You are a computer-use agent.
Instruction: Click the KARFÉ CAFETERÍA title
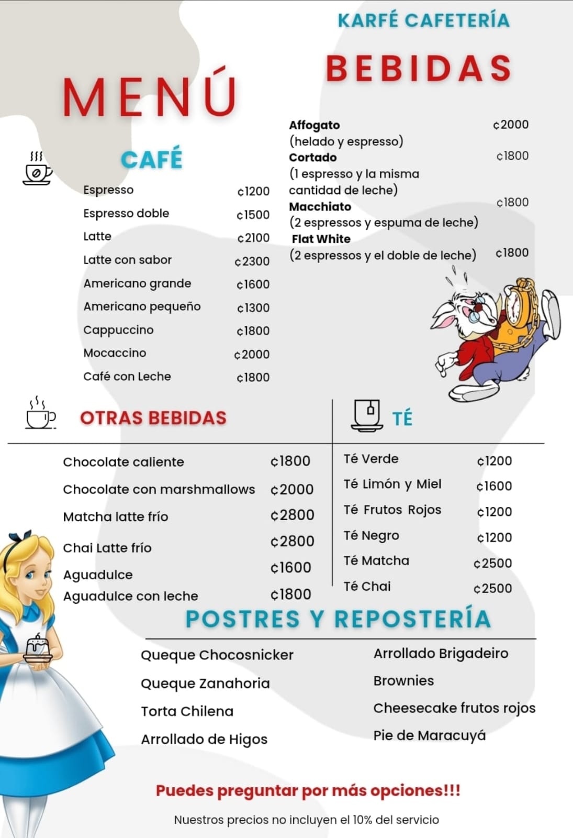(423, 20)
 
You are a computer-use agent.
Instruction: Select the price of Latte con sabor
(252, 261)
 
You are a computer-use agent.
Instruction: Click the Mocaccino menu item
(115, 353)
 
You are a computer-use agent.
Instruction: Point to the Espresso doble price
(253, 215)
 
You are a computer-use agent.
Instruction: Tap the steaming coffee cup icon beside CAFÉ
(38, 169)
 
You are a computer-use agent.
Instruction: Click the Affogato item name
(314, 125)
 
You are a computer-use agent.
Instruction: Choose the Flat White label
(321, 239)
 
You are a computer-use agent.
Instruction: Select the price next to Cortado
(512, 156)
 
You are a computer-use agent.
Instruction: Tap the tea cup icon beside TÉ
(366, 415)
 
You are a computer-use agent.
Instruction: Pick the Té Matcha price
(492, 563)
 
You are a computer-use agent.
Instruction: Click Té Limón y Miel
(392, 484)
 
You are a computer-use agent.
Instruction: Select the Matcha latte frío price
(292, 515)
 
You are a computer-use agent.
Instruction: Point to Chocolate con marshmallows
(159, 489)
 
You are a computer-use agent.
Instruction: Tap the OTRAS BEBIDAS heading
(153, 418)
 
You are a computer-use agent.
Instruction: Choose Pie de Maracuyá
(429, 735)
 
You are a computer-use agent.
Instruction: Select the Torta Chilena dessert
(187, 711)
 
